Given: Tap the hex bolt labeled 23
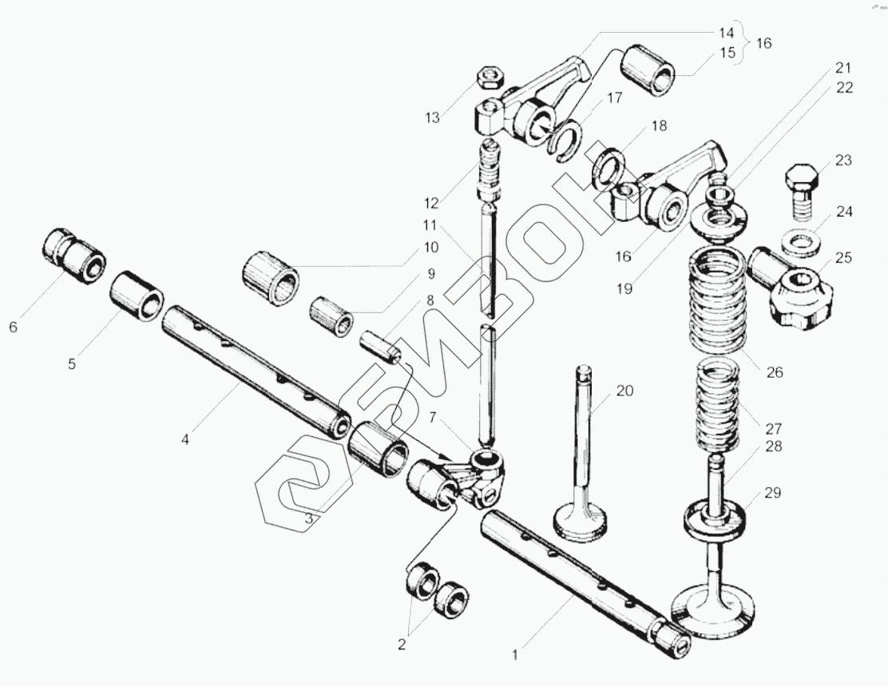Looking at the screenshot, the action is click(x=801, y=189).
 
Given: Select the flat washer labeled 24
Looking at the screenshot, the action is click(x=802, y=240).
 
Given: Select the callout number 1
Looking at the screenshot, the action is click(x=515, y=655).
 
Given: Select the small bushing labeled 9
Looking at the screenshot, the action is click(x=332, y=316).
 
